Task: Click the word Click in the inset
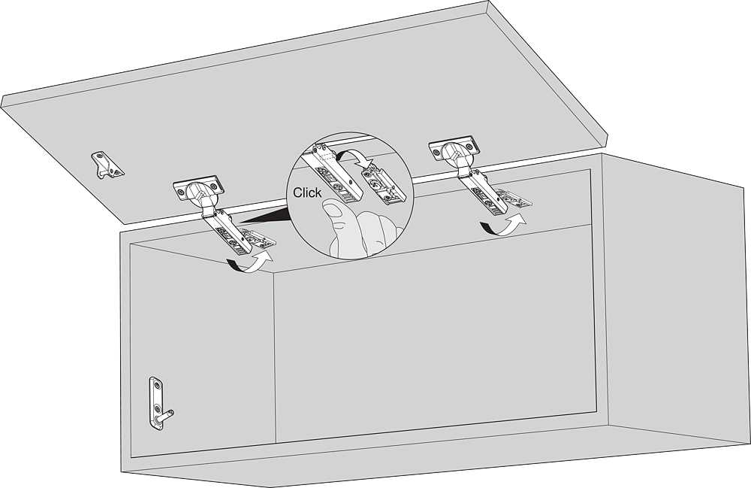[307, 192]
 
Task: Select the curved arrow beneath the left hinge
[251, 262]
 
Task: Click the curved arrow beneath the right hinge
[503, 225]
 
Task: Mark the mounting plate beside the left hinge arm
[258, 238]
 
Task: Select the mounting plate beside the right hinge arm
[514, 198]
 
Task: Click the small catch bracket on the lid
[107, 165]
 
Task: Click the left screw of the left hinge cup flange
[180, 191]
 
